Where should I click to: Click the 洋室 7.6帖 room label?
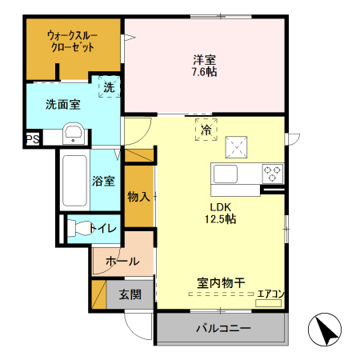coord(205,65)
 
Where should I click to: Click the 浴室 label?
coord(102,181)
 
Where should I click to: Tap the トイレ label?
coord(103,229)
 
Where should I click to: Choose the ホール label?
coord(122,261)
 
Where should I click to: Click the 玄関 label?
coord(130,294)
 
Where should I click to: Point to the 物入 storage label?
coord(138,196)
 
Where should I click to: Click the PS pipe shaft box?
coord(32,139)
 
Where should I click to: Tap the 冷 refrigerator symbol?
coord(206,129)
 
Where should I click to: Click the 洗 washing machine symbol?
coord(107,84)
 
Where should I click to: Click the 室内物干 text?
coord(221,282)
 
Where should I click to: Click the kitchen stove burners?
coord(272,172)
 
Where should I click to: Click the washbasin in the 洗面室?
coord(74,134)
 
